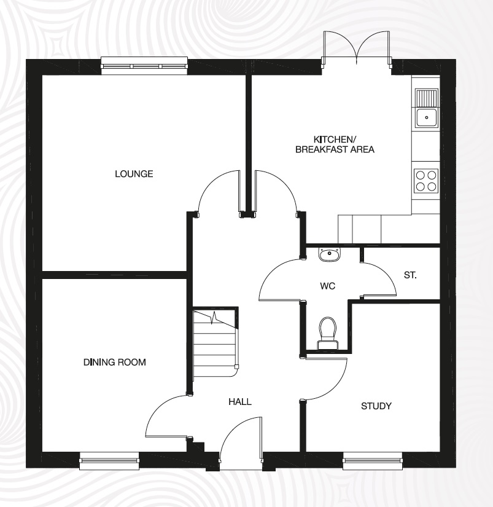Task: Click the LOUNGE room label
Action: pyautogui.click(x=134, y=174)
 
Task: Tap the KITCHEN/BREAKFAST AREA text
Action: pyautogui.click(x=335, y=144)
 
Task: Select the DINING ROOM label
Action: pyautogui.click(x=115, y=362)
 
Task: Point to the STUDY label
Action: pyautogui.click(x=376, y=406)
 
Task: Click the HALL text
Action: pyautogui.click(x=239, y=401)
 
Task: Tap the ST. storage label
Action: pyautogui.click(x=410, y=275)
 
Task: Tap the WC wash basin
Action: pyautogui.click(x=330, y=253)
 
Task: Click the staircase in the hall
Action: pyautogui.click(x=215, y=344)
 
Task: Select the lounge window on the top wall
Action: pyautogui.click(x=145, y=66)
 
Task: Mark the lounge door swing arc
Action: pyautogui.click(x=218, y=191)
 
